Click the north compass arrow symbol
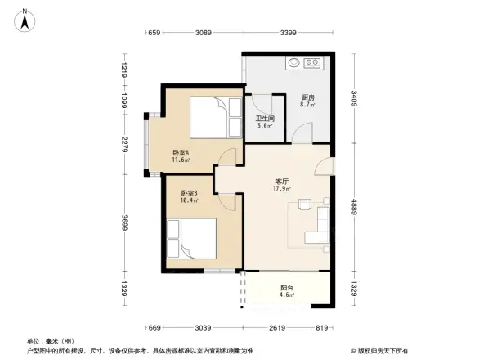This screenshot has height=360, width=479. (25, 20)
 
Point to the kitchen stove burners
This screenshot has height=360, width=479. (312, 62)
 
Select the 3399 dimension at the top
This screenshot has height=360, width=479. (289, 34)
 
